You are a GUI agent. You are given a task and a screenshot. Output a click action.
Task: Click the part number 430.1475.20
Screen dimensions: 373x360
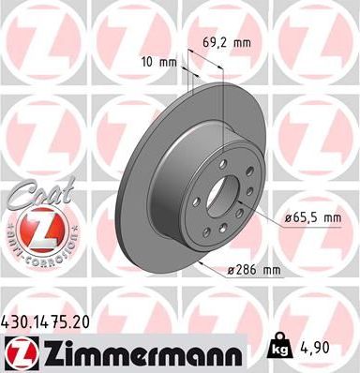[x=54, y=319]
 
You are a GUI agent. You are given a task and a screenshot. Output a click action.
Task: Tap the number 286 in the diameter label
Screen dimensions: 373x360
[x=247, y=271]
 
